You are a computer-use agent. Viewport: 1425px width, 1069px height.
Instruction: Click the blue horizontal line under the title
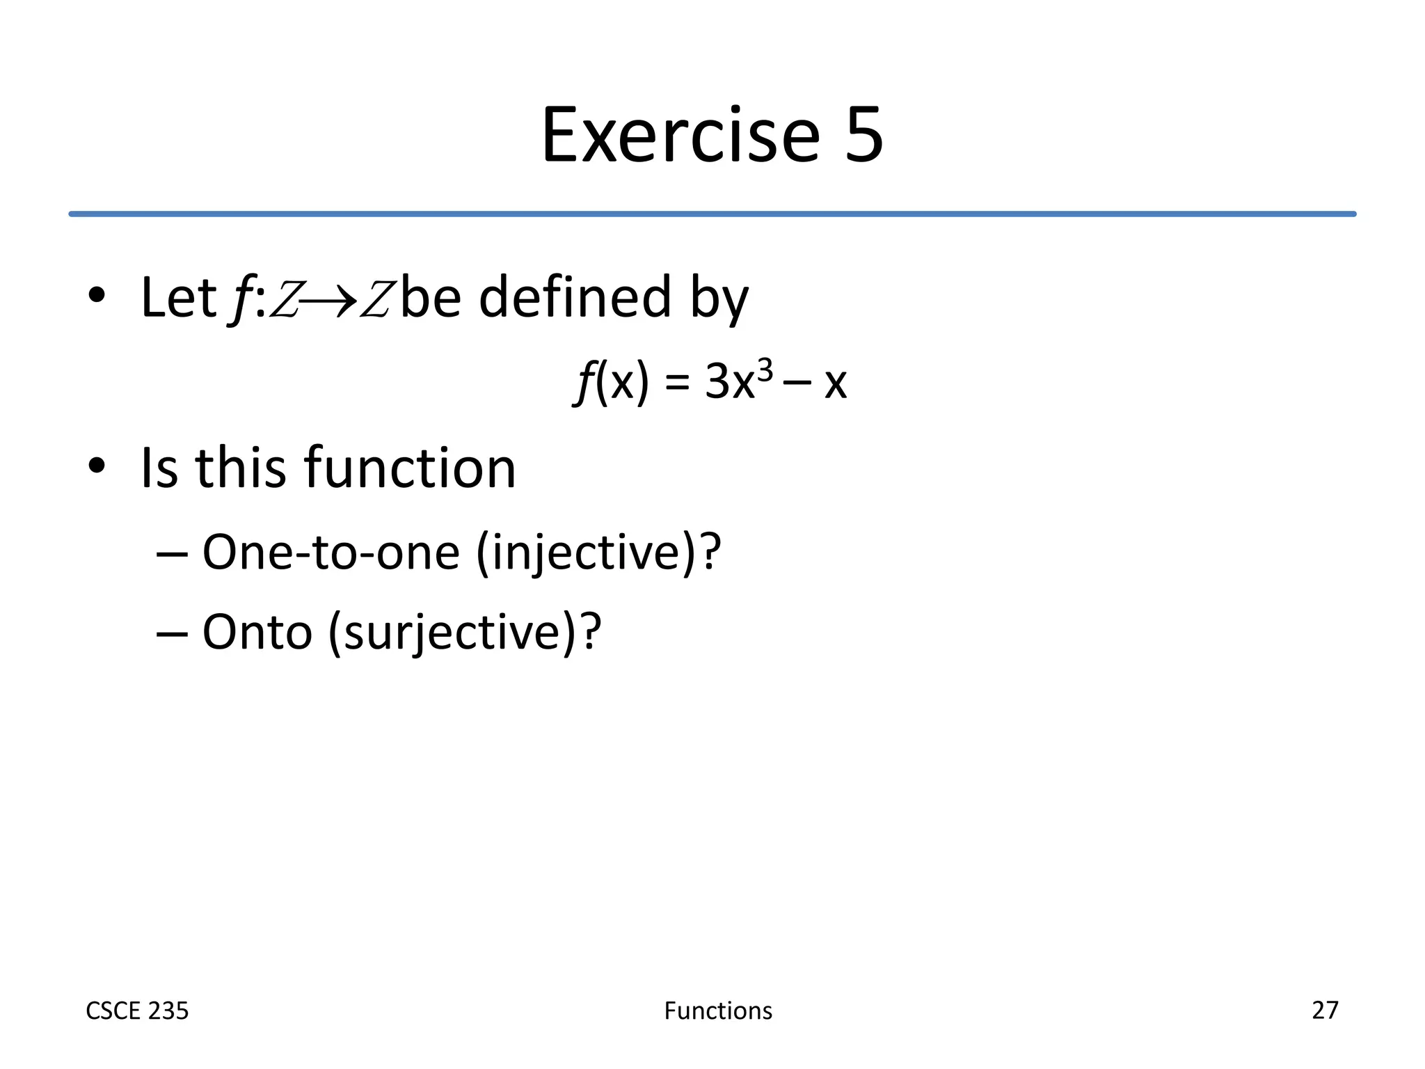(712, 214)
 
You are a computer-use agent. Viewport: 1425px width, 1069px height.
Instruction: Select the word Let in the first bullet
(178, 298)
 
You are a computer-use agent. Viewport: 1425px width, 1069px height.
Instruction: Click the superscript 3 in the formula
(764, 371)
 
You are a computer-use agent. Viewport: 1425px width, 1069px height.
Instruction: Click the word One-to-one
(331, 553)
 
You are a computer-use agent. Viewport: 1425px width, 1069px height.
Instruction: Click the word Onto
(257, 632)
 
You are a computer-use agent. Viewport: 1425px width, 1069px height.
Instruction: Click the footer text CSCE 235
(137, 1011)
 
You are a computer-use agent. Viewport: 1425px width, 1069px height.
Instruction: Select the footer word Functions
(718, 1011)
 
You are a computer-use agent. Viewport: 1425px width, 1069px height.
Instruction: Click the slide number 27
(1325, 1010)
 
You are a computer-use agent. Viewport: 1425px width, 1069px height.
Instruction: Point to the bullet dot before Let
(97, 294)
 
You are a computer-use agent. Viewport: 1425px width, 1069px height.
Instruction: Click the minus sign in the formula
(796, 383)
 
